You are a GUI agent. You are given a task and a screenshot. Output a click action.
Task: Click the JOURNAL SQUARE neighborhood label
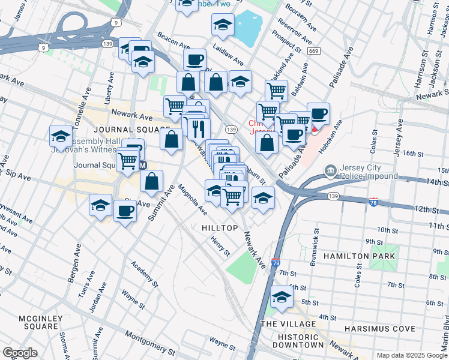tap(124, 130)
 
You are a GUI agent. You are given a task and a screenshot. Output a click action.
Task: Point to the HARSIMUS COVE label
tap(379, 329)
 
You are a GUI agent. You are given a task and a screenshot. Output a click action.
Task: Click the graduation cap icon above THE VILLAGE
tap(281, 296)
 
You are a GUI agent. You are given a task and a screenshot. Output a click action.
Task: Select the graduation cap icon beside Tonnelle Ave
tap(61, 136)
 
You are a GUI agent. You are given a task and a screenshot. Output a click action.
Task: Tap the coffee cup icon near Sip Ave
tap(125, 211)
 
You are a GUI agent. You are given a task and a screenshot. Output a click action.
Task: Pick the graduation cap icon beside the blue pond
tap(223, 25)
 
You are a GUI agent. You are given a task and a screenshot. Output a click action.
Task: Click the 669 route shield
tap(314, 52)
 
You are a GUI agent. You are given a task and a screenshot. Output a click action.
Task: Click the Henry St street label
tap(220, 245)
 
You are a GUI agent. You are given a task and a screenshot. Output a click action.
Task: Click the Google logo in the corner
tap(20, 353)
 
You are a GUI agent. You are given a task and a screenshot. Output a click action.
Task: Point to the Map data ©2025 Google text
tap(411, 355)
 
